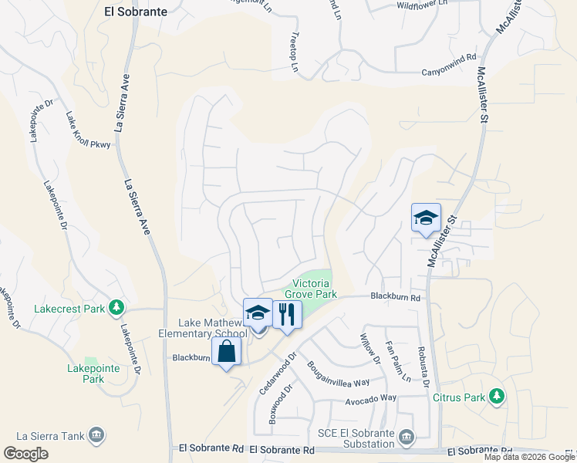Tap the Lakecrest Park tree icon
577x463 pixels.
click(116, 309)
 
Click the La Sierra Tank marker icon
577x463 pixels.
click(96, 436)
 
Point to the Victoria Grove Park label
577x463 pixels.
click(311, 288)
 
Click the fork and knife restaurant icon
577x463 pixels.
click(287, 313)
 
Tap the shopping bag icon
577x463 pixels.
click(227, 351)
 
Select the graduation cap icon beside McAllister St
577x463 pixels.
click(426, 218)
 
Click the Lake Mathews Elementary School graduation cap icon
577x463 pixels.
click(258, 313)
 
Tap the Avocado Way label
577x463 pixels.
click(370, 397)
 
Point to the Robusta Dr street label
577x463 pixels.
click(424, 367)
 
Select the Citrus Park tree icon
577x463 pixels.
click(498, 397)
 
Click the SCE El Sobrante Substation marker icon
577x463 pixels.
click(406, 438)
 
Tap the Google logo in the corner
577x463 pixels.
click(25, 454)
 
